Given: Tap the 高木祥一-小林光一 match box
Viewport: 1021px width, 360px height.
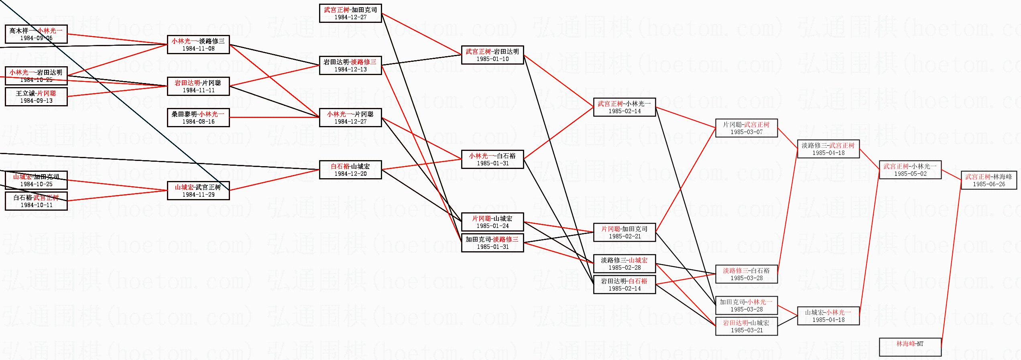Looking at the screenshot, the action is pos(36,34).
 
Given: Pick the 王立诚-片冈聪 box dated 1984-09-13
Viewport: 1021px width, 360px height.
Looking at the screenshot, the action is pos(36,97).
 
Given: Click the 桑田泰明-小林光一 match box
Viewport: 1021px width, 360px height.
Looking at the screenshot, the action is pos(198,118).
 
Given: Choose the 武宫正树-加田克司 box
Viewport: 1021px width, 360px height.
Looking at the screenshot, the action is pos(350,13).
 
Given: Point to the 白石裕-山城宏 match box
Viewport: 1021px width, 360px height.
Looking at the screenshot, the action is pos(350,170).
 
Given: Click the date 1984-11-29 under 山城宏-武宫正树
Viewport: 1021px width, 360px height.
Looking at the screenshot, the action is pos(198,195).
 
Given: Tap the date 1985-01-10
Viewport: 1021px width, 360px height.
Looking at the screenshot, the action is pos(492,59).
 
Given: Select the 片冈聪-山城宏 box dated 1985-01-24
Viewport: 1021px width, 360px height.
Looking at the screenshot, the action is pos(492,222).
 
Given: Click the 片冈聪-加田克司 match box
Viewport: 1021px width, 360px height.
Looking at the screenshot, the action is pos(624,232).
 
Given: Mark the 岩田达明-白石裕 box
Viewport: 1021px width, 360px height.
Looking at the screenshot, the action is pos(624,285).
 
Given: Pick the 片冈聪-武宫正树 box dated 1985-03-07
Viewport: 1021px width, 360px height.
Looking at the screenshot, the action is pos(746,128).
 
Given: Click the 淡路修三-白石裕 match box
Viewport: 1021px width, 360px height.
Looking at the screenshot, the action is pos(746,274).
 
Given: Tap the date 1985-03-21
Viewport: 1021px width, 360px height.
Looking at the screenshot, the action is pos(746,330).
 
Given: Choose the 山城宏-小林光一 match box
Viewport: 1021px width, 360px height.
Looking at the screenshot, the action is pos(828,316).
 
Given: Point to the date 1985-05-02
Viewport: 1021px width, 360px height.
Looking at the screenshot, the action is pos(910,174).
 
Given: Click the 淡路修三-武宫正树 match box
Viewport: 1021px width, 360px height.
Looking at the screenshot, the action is pos(828,149).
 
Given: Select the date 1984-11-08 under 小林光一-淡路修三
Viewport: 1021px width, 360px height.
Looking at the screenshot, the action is pos(198,49).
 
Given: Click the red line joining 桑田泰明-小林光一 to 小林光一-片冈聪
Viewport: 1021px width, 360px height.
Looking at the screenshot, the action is pos(275,118).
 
